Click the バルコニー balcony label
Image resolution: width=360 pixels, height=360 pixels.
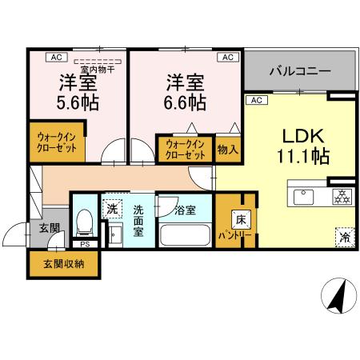(299, 71)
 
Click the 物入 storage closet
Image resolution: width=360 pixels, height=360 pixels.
(227, 149)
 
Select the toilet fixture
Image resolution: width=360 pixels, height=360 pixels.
(85, 221)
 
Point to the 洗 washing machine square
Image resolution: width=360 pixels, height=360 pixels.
(113, 209)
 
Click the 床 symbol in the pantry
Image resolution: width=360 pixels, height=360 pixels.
(239, 218)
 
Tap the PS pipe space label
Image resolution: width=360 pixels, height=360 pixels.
(84, 244)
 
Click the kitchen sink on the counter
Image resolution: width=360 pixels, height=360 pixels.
(306, 196)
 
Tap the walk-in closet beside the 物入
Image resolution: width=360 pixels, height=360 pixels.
(186, 149)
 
